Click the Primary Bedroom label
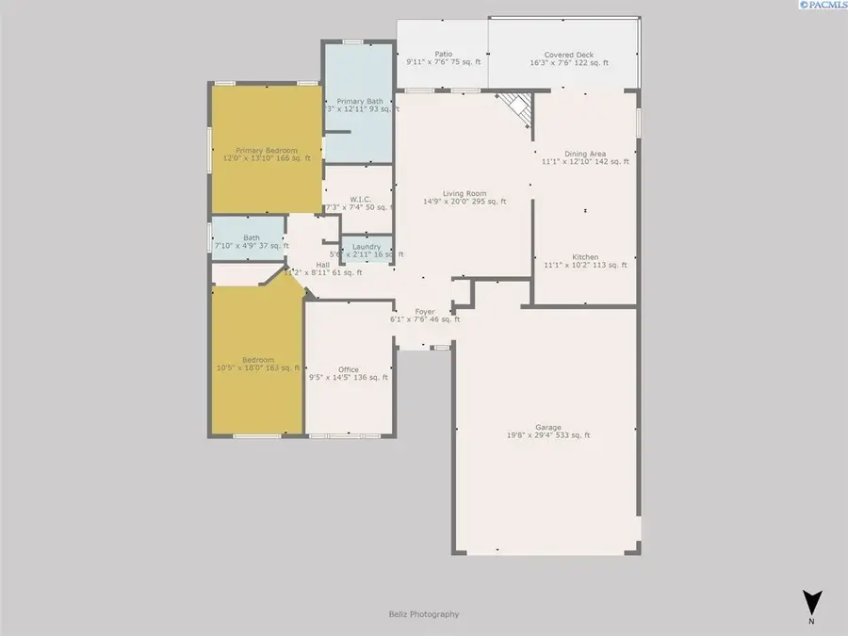click(267, 151)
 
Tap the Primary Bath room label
click(360, 101)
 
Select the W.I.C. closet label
click(359, 199)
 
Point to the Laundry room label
click(367, 247)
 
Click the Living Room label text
click(465, 194)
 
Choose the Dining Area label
click(585, 154)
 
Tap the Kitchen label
click(585, 257)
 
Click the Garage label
click(547, 427)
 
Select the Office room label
click(349, 369)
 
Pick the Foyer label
click(425, 311)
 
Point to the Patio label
click(443, 55)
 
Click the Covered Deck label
click(563, 55)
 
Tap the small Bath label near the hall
click(252, 237)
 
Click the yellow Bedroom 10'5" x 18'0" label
click(257, 360)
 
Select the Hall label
click(323, 265)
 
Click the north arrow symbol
click(811, 603)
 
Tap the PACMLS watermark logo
click(819, 6)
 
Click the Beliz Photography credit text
click(424, 614)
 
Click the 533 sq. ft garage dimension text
click(572, 435)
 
